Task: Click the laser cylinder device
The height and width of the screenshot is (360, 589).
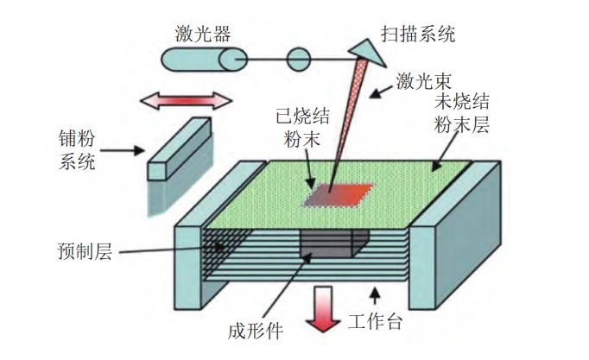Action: pos(202,60)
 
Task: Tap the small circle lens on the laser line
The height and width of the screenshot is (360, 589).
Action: pos(297,60)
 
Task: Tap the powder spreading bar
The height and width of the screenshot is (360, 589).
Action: pos(179,148)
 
